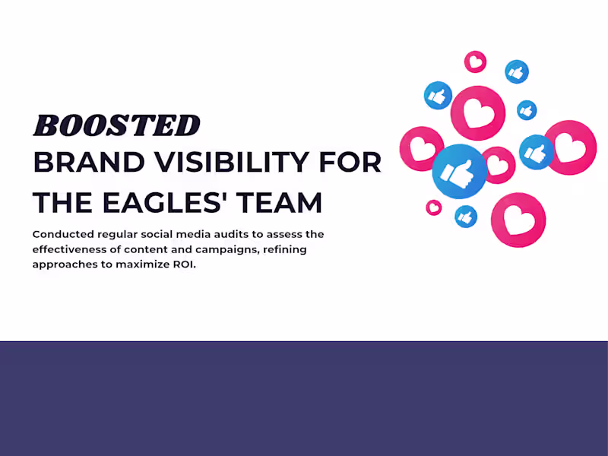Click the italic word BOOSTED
(116, 125)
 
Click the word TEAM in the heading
(283, 203)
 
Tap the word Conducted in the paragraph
(62, 234)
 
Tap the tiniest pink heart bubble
(433, 207)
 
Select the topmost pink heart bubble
(476, 62)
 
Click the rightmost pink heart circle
(569, 147)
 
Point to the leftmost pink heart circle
(422, 149)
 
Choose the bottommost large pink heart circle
(518, 220)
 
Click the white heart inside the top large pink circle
(478, 114)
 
